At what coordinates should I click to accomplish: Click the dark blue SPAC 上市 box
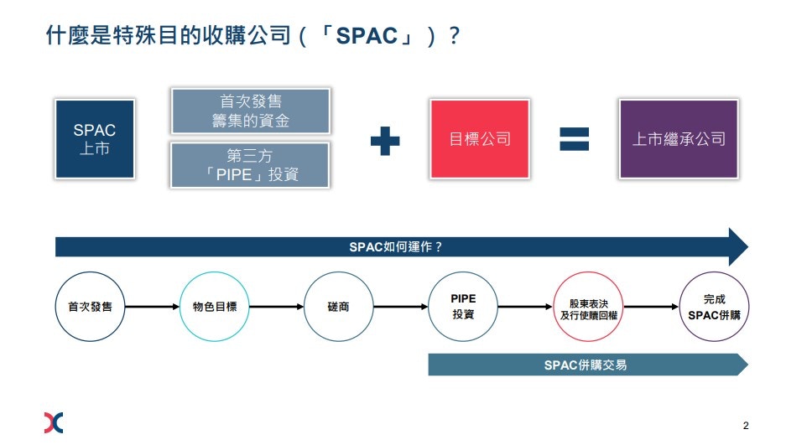95,139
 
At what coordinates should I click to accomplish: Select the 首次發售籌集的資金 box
250,111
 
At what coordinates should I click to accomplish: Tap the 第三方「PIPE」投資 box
250,164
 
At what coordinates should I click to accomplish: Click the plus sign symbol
385,140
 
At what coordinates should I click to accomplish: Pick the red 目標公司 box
479,139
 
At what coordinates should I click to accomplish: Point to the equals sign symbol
575,139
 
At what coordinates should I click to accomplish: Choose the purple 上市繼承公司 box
679,139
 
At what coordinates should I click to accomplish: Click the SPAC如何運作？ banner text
395,246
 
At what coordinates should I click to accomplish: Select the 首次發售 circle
90,307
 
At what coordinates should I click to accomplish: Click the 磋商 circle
338,307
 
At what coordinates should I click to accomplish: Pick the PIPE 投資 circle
462,307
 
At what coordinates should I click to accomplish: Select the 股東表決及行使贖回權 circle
588,307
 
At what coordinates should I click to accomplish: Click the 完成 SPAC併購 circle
713,307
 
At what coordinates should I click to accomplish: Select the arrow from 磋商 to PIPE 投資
400,307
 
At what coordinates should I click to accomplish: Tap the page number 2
745,424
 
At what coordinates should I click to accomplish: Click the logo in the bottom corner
53,422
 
